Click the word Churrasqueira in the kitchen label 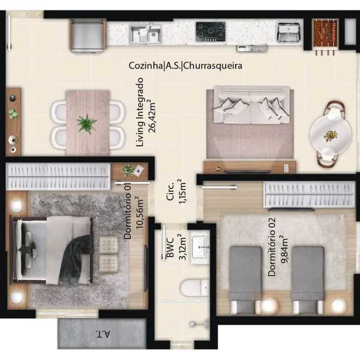pos(213,66)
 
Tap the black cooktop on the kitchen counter pos(210,32)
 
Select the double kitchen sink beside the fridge pos(145,34)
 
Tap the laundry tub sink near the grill pos(289,32)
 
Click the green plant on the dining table pos(87,124)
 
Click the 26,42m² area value pos(152,116)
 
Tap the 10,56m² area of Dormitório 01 pos(140,212)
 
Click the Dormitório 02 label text pos(272,247)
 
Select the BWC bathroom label pos(170,247)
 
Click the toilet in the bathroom pos(194,287)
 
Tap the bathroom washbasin pos(200,247)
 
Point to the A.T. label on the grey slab pos(103,333)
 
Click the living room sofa pos(251,104)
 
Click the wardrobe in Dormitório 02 pos(309,194)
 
